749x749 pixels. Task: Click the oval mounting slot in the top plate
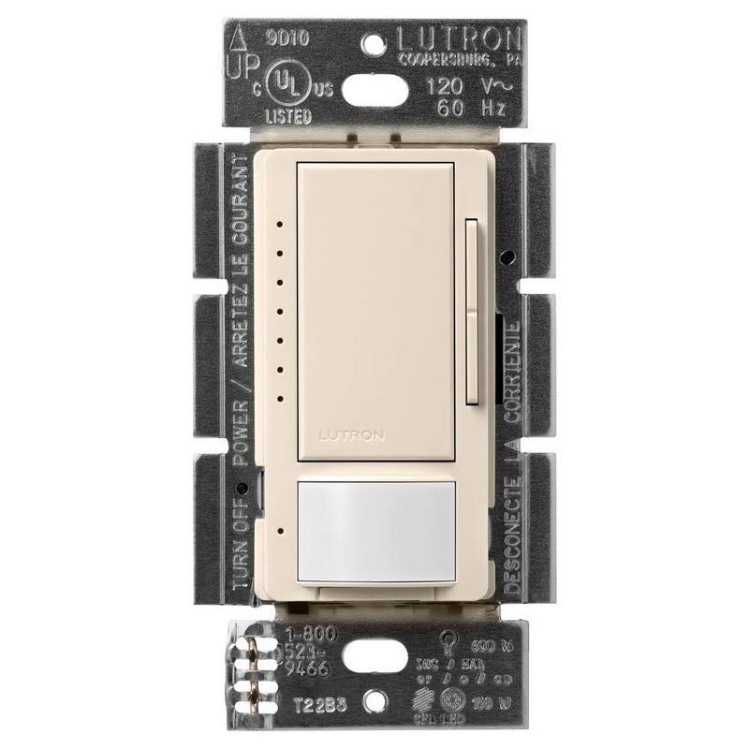374,95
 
